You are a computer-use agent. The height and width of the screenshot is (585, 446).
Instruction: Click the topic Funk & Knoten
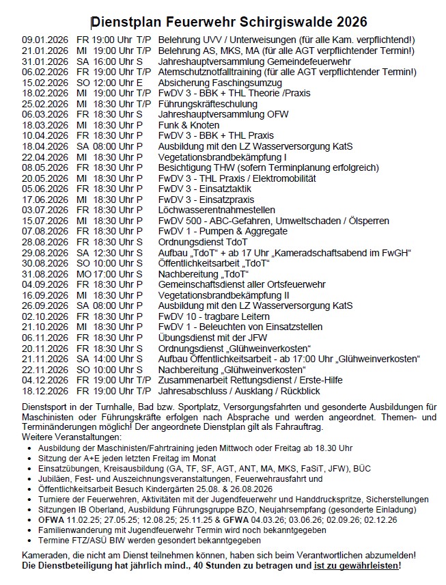[x=189, y=125]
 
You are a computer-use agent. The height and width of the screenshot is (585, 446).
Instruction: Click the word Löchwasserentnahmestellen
[x=217, y=210]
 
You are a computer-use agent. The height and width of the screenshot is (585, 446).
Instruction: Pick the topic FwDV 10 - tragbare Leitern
[x=210, y=316]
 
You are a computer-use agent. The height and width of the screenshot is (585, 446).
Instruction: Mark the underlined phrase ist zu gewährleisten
[x=357, y=567]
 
